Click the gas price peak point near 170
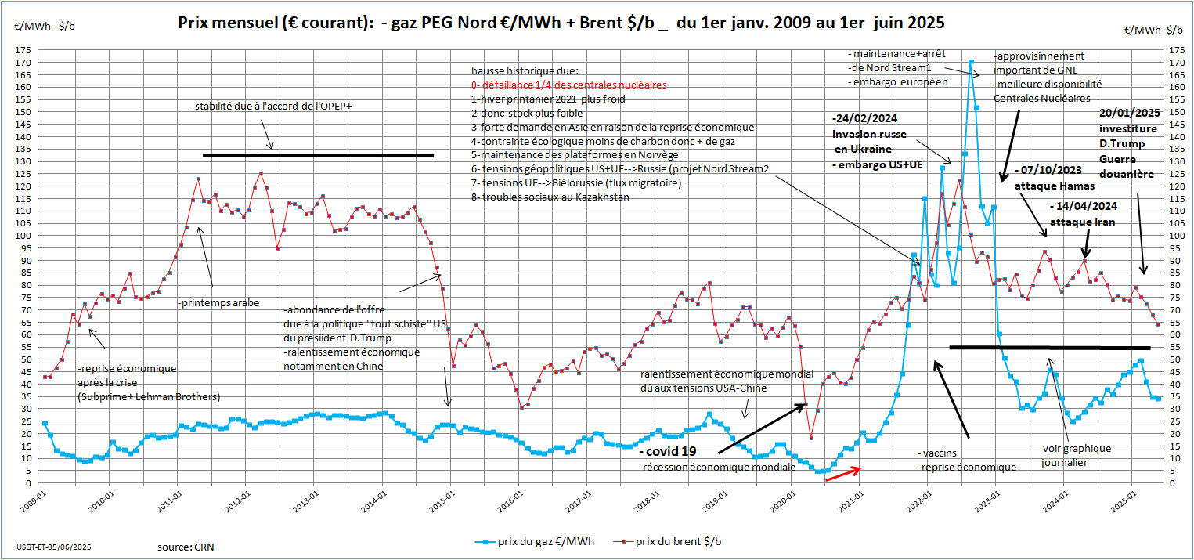pos(971,61)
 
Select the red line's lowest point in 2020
pos(811,438)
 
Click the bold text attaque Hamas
pos(1049,186)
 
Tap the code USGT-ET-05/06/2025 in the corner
pos(49,543)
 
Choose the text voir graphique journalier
pos(1076,455)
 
